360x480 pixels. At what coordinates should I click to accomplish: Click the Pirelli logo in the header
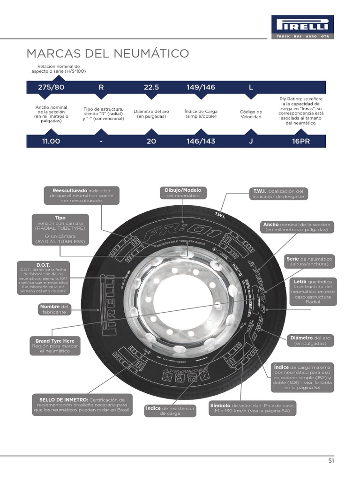pos(302,24)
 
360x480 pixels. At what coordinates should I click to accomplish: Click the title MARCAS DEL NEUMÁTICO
pos(107,53)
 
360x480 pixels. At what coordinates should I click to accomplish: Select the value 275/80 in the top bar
pos(52,87)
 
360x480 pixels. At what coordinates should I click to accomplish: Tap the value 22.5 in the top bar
pos(151,87)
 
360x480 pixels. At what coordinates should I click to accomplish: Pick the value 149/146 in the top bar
pos(201,87)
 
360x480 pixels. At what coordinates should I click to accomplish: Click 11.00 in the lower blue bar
pos(52,141)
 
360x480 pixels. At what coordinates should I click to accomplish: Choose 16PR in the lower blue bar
pos(301,141)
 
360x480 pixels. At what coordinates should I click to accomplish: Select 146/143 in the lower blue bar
pos(201,141)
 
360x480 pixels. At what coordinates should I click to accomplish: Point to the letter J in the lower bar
pos(251,141)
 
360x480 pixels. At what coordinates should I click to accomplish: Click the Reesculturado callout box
pos(82,195)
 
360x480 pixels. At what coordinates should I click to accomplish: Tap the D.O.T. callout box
pos(43,278)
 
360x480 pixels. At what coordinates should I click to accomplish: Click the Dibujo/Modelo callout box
pos(183,193)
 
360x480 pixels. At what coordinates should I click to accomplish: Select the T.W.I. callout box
pos(278,194)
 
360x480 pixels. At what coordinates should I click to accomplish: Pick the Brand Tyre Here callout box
pos(55,345)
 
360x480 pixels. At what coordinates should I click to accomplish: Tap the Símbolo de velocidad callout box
pos(252,408)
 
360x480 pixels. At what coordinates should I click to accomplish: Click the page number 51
pos(331,461)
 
